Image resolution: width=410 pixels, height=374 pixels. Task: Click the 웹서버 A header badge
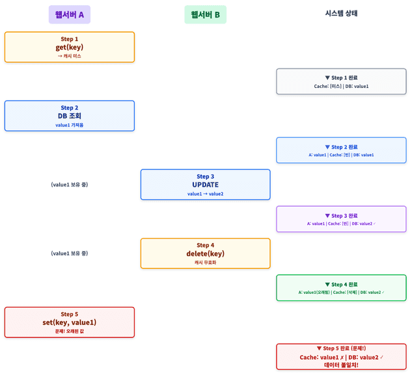tap(69, 14)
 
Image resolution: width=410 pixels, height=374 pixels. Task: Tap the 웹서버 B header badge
tap(205, 14)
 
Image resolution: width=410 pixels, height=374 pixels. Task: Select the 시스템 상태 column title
tap(341, 13)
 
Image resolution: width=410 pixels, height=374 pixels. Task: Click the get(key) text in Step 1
tap(69, 47)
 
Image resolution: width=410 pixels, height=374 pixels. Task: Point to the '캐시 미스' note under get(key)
tap(69, 56)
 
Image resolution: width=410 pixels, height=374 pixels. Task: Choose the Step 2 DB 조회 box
tap(69, 115)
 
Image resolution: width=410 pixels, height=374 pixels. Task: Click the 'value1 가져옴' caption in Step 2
tap(69, 125)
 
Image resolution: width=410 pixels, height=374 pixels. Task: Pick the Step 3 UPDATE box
tap(205, 184)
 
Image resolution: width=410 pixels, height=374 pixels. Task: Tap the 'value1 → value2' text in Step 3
tap(205, 194)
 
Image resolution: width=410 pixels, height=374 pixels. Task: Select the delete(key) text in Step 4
tap(205, 253)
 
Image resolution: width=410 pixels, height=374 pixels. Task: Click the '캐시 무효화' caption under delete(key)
tap(205, 263)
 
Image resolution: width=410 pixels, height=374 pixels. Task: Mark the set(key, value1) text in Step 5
tap(69, 322)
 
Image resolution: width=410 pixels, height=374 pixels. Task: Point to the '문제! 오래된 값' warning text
tap(69, 331)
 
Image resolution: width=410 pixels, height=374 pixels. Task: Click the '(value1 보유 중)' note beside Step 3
tap(69, 184)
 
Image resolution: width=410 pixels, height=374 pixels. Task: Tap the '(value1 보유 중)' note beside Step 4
tap(69, 253)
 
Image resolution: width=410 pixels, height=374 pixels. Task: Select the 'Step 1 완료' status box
tap(341, 81)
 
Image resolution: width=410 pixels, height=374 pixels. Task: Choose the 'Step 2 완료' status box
tap(341, 150)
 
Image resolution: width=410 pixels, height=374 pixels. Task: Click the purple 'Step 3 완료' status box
tap(341, 219)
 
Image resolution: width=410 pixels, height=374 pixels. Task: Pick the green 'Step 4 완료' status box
tap(341, 287)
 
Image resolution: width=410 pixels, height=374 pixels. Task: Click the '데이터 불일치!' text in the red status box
tap(341, 365)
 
